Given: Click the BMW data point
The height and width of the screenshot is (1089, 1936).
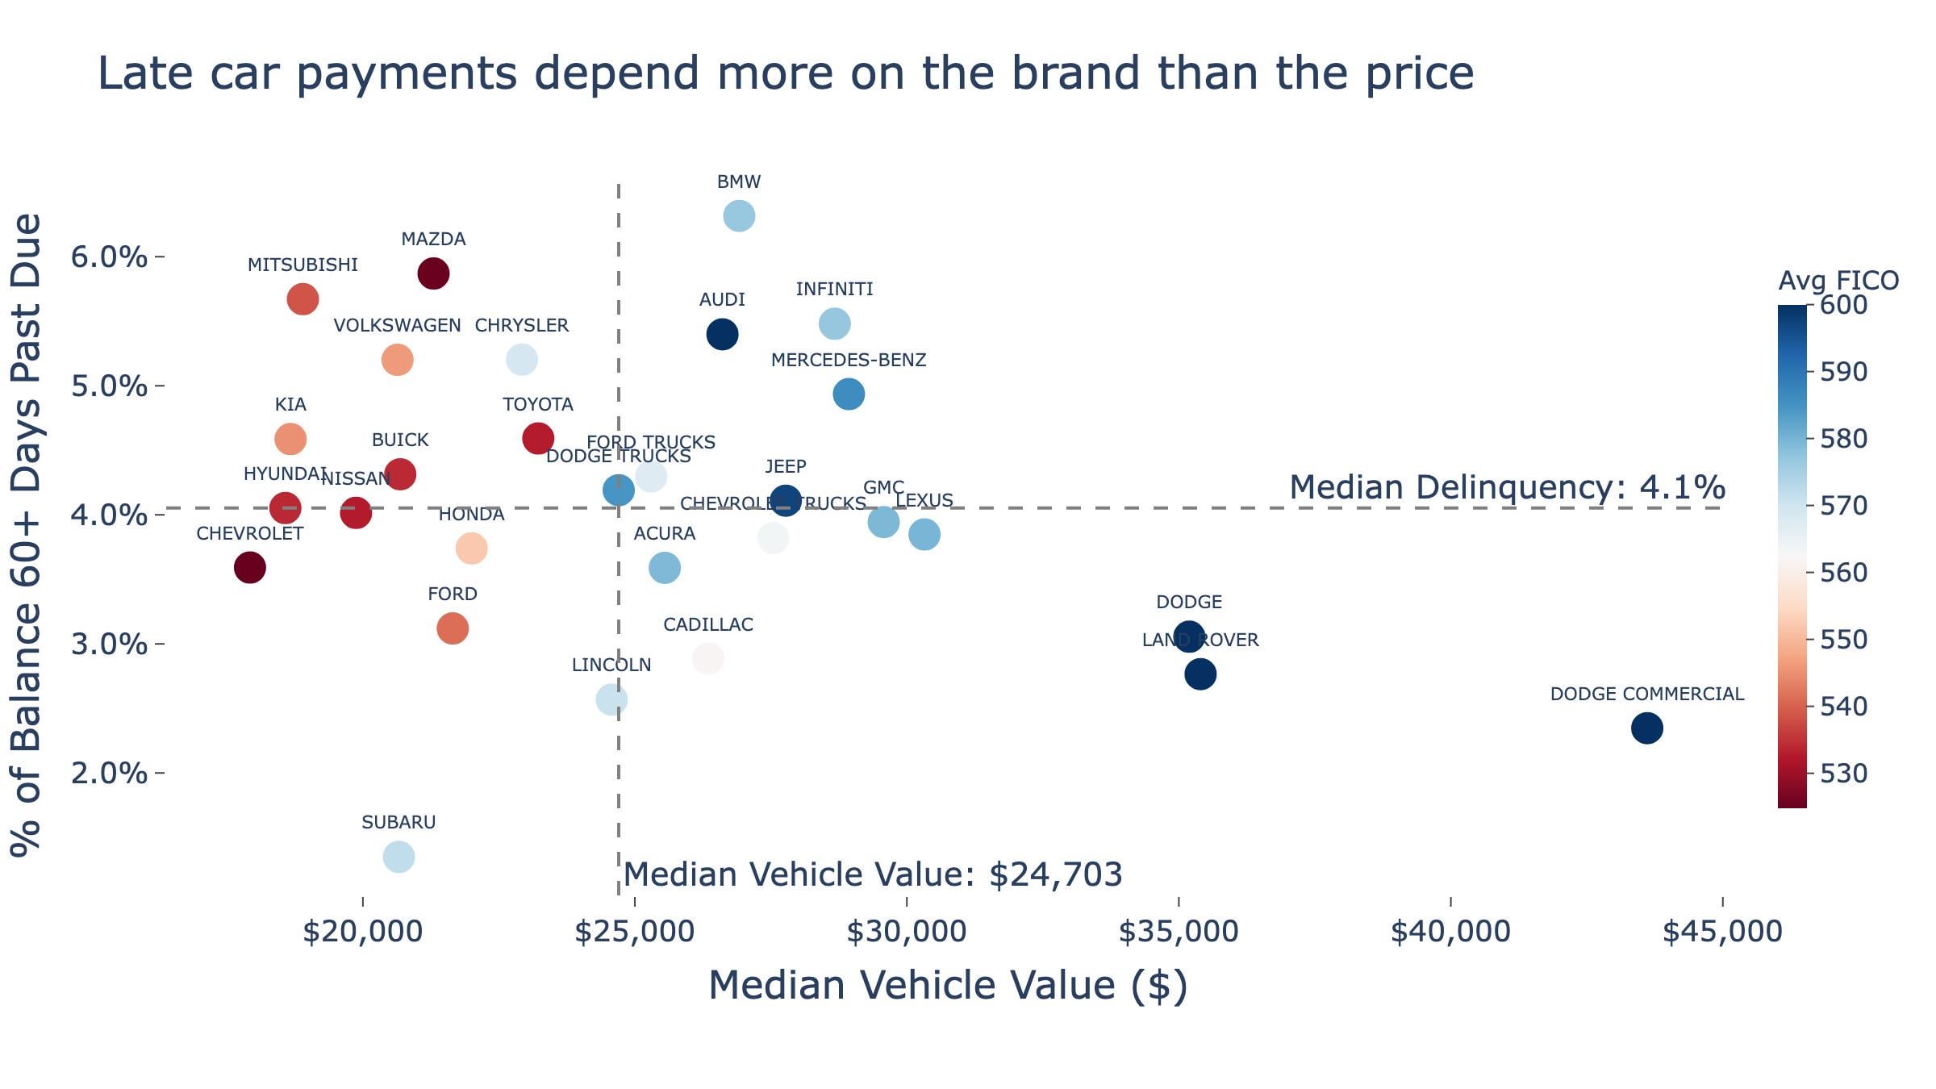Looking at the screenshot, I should tap(739, 216).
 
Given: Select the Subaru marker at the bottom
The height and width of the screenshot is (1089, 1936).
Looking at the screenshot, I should tap(398, 856).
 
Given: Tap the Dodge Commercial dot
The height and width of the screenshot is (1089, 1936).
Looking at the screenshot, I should tap(1646, 728).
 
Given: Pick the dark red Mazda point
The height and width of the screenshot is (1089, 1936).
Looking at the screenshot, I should tap(433, 273).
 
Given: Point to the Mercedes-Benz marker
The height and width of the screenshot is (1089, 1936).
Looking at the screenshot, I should tap(849, 394).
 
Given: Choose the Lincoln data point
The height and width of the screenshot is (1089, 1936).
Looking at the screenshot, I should tap(611, 699).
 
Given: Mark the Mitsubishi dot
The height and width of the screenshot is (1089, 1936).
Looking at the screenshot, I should tap(302, 299).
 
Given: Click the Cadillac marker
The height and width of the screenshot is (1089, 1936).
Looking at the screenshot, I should tap(707, 659).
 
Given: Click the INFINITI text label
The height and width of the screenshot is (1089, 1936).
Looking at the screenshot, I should tap(834, 289).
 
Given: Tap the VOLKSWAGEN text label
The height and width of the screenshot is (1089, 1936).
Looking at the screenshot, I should tap(397, 325).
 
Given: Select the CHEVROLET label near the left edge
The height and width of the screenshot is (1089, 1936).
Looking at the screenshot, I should tap(250, 533).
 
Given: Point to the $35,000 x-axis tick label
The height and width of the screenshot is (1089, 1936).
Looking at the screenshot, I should tap(1179, 932).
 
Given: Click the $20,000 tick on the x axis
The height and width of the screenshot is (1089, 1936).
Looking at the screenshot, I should tap(362, 932).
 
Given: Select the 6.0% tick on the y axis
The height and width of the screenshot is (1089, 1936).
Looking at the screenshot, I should tap(110, 257).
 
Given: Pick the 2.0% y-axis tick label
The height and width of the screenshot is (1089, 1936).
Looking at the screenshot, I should tap(110, 774).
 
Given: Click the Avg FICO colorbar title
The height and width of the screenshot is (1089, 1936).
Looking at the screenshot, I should tap(1838, 281).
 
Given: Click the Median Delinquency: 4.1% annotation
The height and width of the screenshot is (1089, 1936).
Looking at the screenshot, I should tap(1507, 487).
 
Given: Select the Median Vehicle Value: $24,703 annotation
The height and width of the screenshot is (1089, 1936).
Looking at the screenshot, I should tap(873, 874).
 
